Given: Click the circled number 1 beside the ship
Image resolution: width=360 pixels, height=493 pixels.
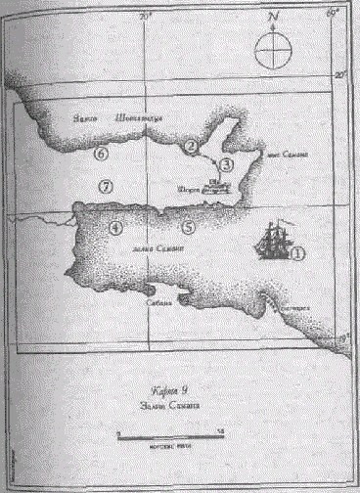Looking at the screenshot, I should pyautogui.click(x=299, y=251).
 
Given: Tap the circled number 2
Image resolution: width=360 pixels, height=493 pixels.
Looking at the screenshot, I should pyautogui.click(x=192, y=146).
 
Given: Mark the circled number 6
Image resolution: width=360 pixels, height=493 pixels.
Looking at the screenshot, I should pyautogui.click(x=100, y=154).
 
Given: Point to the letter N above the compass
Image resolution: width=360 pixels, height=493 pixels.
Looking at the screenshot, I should pyautogui.click(x=274, y=17).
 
